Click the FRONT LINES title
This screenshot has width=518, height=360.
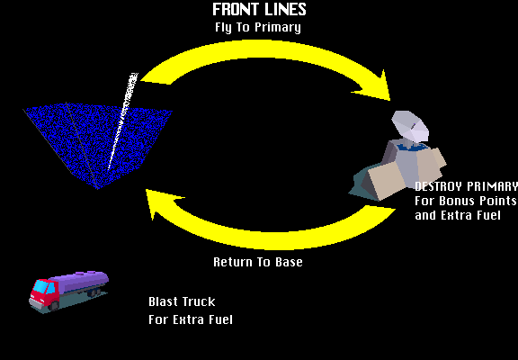click(259, 9)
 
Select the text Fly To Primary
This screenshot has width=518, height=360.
click(258, 27)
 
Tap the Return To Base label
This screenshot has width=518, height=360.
click(258, 262)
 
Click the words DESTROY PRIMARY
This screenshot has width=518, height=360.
click(466, 186)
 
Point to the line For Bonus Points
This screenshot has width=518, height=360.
click(466, 201)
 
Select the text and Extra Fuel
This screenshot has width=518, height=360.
click(458, 215)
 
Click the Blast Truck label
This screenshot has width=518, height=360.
click(182, 301)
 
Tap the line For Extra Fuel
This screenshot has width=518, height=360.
click(191, 319)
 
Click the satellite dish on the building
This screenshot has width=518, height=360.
click(410, 127)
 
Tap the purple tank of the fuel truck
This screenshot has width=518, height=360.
click(82, 282)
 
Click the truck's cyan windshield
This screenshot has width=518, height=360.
click(41, 286)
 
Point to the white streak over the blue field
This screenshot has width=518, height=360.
click(122, 121)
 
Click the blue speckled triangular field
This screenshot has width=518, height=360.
click(98, 139)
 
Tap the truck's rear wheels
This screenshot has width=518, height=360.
click(94, 292)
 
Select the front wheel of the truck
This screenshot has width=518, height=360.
click(53, 306)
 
